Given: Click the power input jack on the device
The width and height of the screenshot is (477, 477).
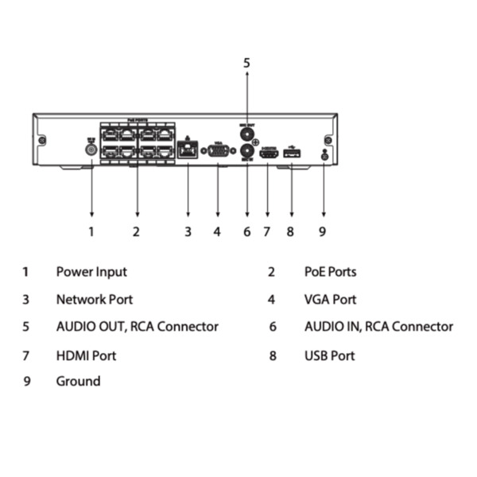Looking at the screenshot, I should (91, 149).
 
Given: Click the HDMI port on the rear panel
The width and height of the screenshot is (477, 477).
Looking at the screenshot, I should (268, 153).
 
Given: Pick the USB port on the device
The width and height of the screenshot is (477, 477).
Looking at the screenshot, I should (292, 153).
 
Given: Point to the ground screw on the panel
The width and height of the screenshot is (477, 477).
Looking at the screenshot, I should (324, 154).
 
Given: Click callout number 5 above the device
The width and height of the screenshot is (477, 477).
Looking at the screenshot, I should (246, 62).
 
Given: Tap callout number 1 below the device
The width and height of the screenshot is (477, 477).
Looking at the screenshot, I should (91, 232).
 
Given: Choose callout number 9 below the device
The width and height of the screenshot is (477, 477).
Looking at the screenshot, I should (324, 232).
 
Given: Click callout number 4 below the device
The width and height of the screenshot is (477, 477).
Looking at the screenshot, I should (216, 232).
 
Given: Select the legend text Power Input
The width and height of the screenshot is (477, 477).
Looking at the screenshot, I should (91, 272).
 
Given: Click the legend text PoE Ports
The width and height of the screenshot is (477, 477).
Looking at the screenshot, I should (330, 272).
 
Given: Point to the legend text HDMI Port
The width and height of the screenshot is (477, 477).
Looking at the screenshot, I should (86, 355).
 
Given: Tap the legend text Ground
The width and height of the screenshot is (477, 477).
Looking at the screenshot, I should (78, 382).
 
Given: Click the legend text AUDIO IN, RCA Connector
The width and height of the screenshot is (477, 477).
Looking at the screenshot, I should (378, 327).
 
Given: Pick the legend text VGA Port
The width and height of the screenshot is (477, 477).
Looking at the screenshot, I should (330, 300).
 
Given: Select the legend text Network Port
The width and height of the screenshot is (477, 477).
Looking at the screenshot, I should (94, 300).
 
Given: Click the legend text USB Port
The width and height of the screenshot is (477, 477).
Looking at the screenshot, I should (329, 355).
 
